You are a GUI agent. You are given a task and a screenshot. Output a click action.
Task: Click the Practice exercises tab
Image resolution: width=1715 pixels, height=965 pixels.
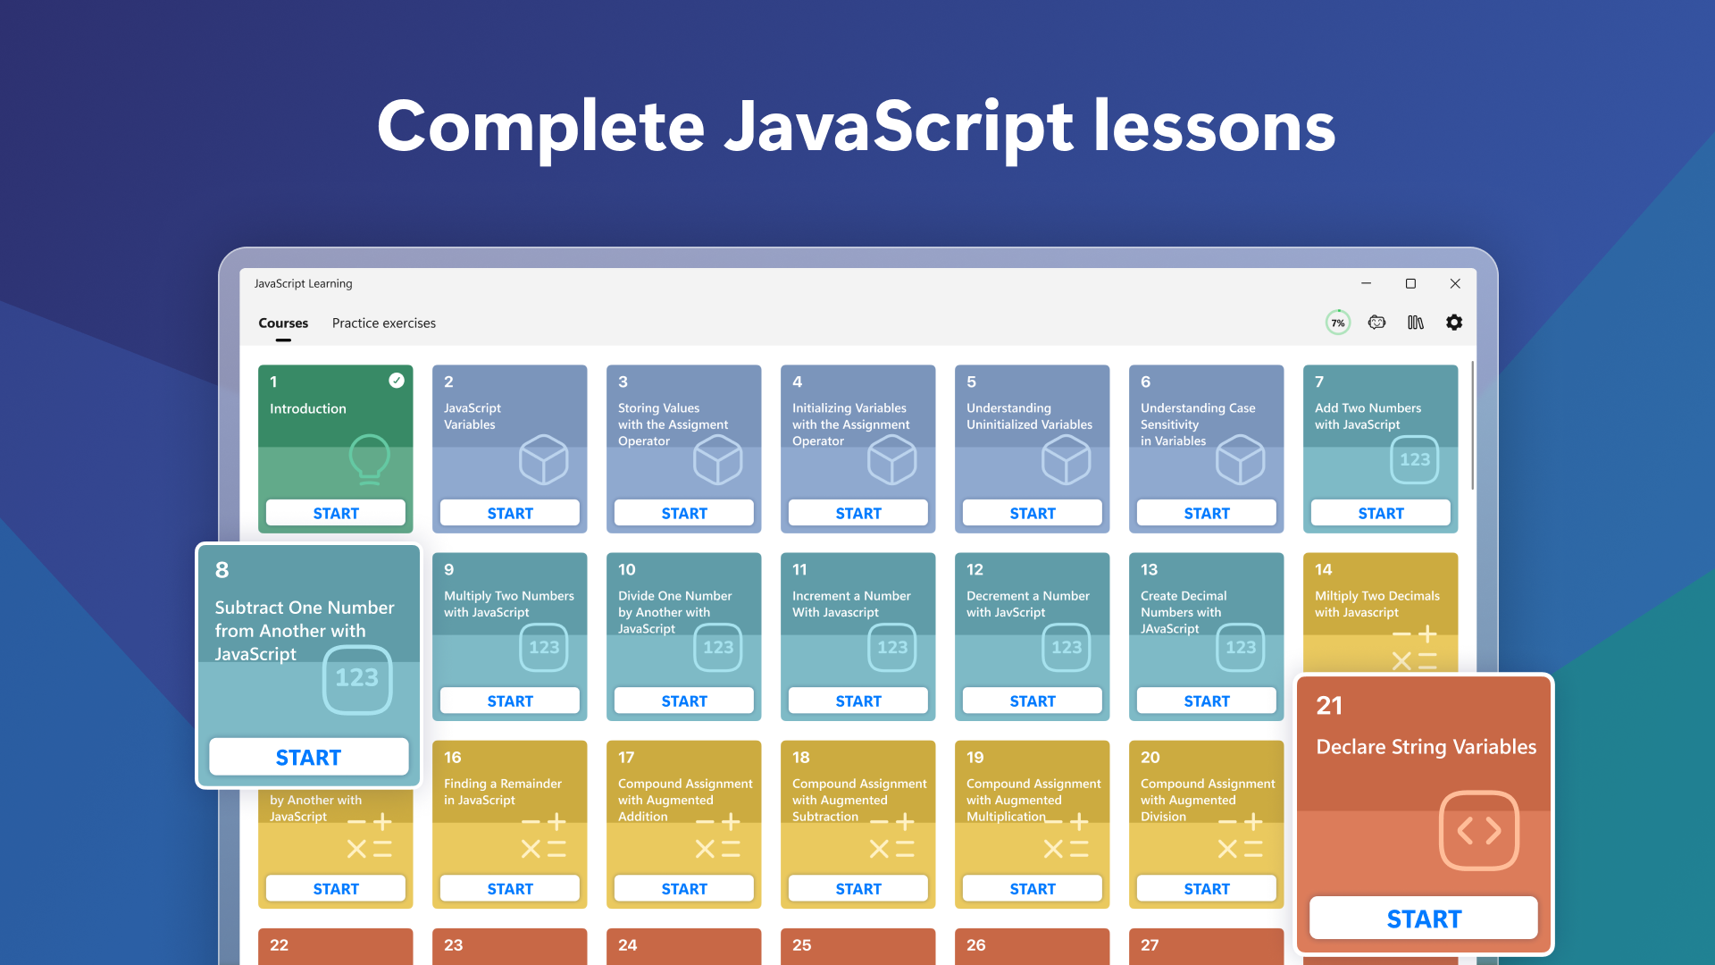tap(384, 323)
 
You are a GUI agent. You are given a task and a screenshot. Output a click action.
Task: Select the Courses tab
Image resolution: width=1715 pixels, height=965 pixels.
tap(283, 323)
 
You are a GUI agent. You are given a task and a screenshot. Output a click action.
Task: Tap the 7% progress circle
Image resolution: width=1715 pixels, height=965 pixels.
tap(1337, 323)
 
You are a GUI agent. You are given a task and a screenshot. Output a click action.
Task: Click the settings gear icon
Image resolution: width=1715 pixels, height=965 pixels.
tap(1454, 323)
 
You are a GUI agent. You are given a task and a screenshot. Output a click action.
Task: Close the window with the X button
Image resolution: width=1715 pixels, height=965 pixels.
tap(1455, 283)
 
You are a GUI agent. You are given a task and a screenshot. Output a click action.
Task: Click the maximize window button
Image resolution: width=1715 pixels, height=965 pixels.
tap(1410, 283)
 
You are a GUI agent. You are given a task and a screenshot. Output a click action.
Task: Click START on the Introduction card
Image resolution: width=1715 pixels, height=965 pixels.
tap(336, 513)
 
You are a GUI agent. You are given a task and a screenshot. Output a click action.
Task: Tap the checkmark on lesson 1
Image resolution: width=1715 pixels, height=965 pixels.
tap(397, 381)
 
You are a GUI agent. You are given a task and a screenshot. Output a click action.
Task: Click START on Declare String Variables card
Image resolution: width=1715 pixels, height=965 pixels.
tap(1424, 919)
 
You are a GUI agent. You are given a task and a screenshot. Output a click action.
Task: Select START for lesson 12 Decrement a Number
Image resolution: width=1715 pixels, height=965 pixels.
tap(1033, 701)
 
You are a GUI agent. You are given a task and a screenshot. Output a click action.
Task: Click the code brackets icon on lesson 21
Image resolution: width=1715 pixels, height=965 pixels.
tap(1479, 831)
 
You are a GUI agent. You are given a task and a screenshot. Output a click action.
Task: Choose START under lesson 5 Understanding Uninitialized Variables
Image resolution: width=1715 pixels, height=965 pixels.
tap(1033, 513)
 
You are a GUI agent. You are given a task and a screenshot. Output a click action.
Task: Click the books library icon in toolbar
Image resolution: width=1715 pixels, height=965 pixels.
tap(1416, 323)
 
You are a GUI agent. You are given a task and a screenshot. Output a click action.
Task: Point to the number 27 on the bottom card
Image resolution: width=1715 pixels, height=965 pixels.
tap(1150, 944)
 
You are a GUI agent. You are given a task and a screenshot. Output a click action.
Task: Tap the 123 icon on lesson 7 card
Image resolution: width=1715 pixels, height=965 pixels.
tap(1415, 459)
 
